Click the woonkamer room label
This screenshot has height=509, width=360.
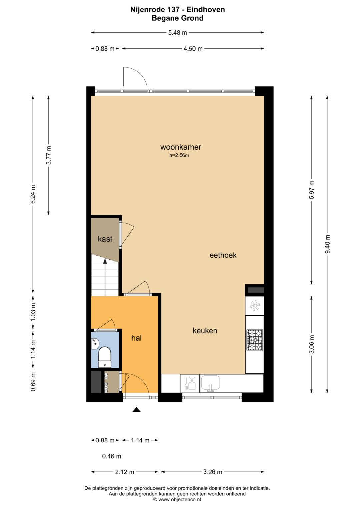coord(181,147)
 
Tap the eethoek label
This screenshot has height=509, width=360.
coord(223,255)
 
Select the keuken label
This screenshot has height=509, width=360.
coord(205,331)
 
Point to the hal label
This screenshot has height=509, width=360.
coord(136,338)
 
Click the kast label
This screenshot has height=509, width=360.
coord(105,239)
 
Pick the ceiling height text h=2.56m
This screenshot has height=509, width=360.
coord(179,155)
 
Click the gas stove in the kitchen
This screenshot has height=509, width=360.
coord(255,340)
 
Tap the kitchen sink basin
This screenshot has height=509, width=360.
coord(211,382)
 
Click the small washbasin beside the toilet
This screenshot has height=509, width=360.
coord(95,343)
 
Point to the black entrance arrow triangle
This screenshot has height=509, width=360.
coord(136,410)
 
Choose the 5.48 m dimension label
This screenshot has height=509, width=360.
coord(177,33)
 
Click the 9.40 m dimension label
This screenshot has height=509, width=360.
coord(327,244)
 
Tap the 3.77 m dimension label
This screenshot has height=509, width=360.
coord(48,155)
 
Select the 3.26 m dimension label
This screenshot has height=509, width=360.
coord(213,472)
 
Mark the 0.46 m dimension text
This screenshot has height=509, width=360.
coord(111,456)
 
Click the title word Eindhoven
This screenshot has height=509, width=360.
coord(206,10)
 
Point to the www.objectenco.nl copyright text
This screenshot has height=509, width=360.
coord(177,499)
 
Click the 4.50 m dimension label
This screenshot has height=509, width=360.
coord(193,49)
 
